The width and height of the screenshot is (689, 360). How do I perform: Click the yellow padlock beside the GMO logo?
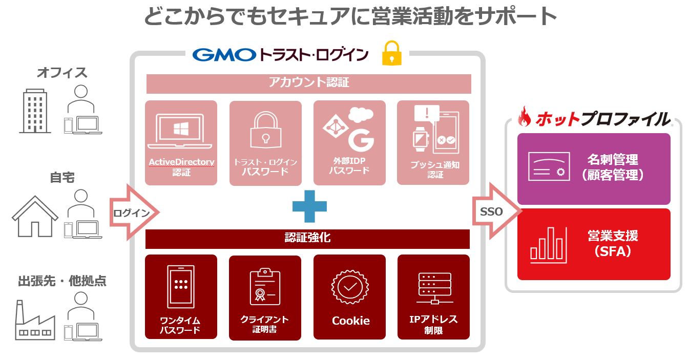tap(391, 53)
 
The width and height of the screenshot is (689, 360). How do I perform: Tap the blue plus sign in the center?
tap(309, 206)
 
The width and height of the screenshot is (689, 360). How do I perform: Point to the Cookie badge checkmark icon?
tap(350, 287)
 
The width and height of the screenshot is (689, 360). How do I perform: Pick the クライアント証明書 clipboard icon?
tap(265, 287)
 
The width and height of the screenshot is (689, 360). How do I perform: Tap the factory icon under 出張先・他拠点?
tap(35, 321)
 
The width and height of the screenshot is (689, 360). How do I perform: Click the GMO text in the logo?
tap(224, 54)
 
